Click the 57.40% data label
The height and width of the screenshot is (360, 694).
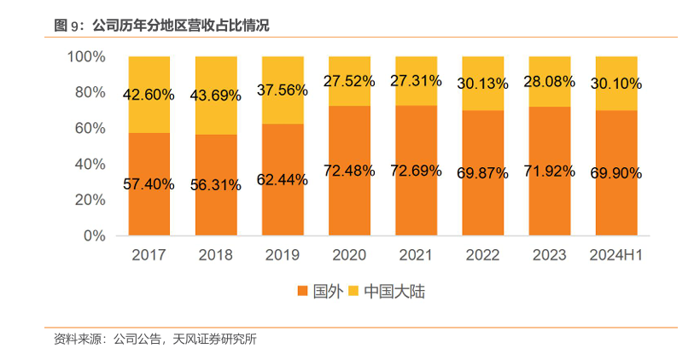click(x=149, y=183)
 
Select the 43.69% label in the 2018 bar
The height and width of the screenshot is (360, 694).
click(x=216, y=96)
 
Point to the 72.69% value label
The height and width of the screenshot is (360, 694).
click(x=416, y=171)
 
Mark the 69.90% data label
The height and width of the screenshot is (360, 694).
click(x=615, y=173)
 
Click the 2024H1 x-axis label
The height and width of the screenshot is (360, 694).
click(x=615, y=254)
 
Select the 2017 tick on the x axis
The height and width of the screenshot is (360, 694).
click(x=149, y=254)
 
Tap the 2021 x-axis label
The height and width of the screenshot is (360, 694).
click(x=416, y=254)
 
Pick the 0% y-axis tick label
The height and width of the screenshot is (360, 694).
click(x=94, y=235)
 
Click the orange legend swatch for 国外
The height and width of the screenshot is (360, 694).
click(x=302, y=292)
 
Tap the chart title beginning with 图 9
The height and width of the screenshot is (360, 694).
click(x=161, y=26)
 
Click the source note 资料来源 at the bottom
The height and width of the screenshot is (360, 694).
click(x=155, y=339)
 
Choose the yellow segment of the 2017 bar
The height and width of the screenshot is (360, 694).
click(x=149, y=77)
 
